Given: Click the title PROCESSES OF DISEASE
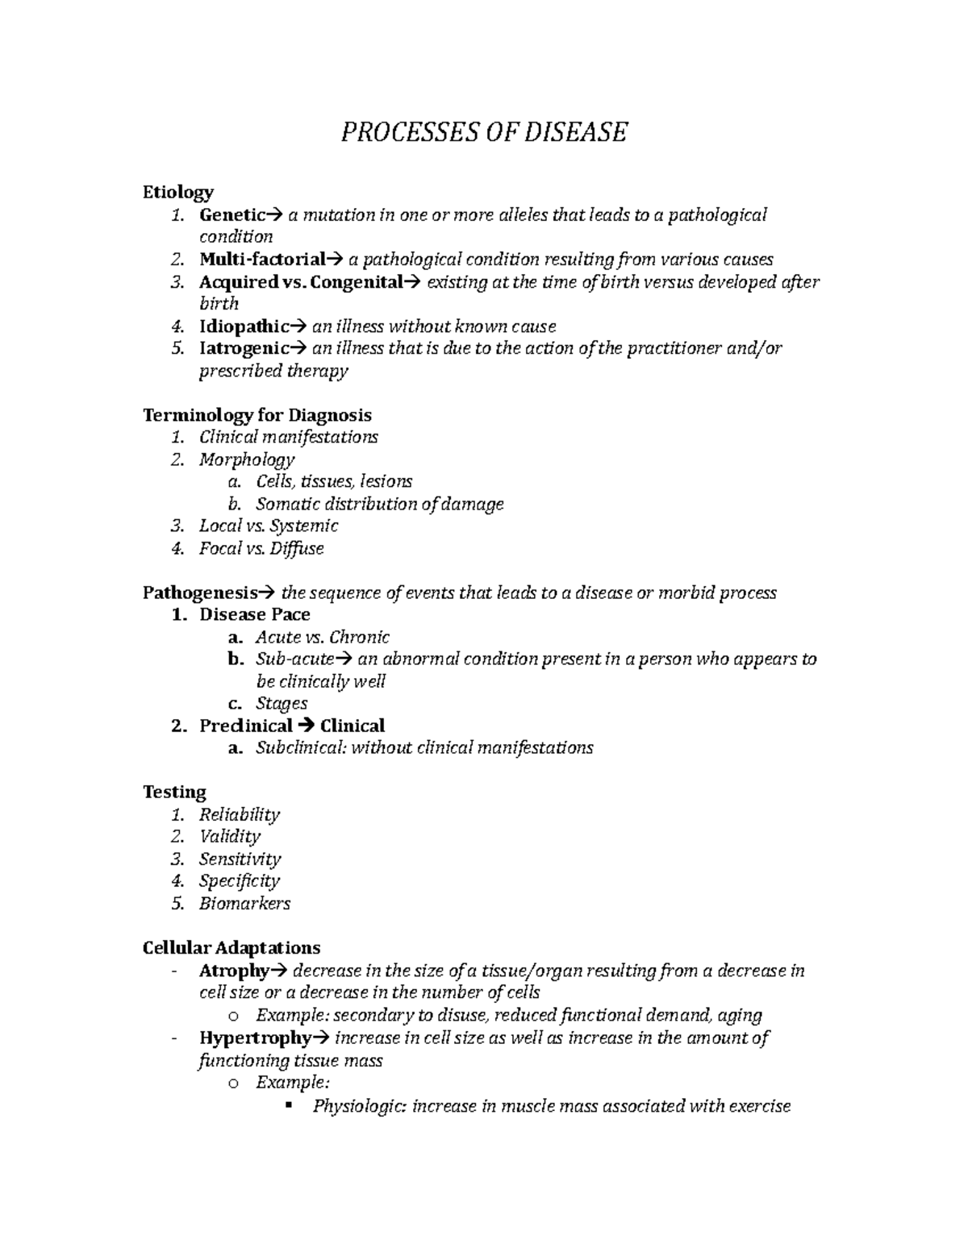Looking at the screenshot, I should coord(483,131).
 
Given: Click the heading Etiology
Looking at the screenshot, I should coord(177,192).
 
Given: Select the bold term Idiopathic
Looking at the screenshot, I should coord(244,327).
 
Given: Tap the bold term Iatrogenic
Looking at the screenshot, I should coord(244,348).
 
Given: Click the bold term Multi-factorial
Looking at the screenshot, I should coord(261,260).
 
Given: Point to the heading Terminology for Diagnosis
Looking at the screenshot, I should coord(257,415).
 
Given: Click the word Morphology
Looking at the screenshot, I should coord(247,460).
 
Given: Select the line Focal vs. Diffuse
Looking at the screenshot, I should coord(261,548).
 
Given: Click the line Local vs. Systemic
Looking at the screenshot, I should coord(269,526).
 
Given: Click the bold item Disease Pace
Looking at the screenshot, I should coord(254,614).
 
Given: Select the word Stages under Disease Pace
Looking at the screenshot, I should coord(282,703).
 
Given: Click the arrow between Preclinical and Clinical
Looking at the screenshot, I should coord(306,726).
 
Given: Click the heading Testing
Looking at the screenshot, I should coord(174,792).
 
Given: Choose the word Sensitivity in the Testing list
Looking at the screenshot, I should coord(240,859).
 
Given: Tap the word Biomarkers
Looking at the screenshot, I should coord(244,903).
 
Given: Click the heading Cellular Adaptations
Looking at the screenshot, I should coord(231,947).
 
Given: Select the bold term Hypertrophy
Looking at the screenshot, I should coord(255,1038).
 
